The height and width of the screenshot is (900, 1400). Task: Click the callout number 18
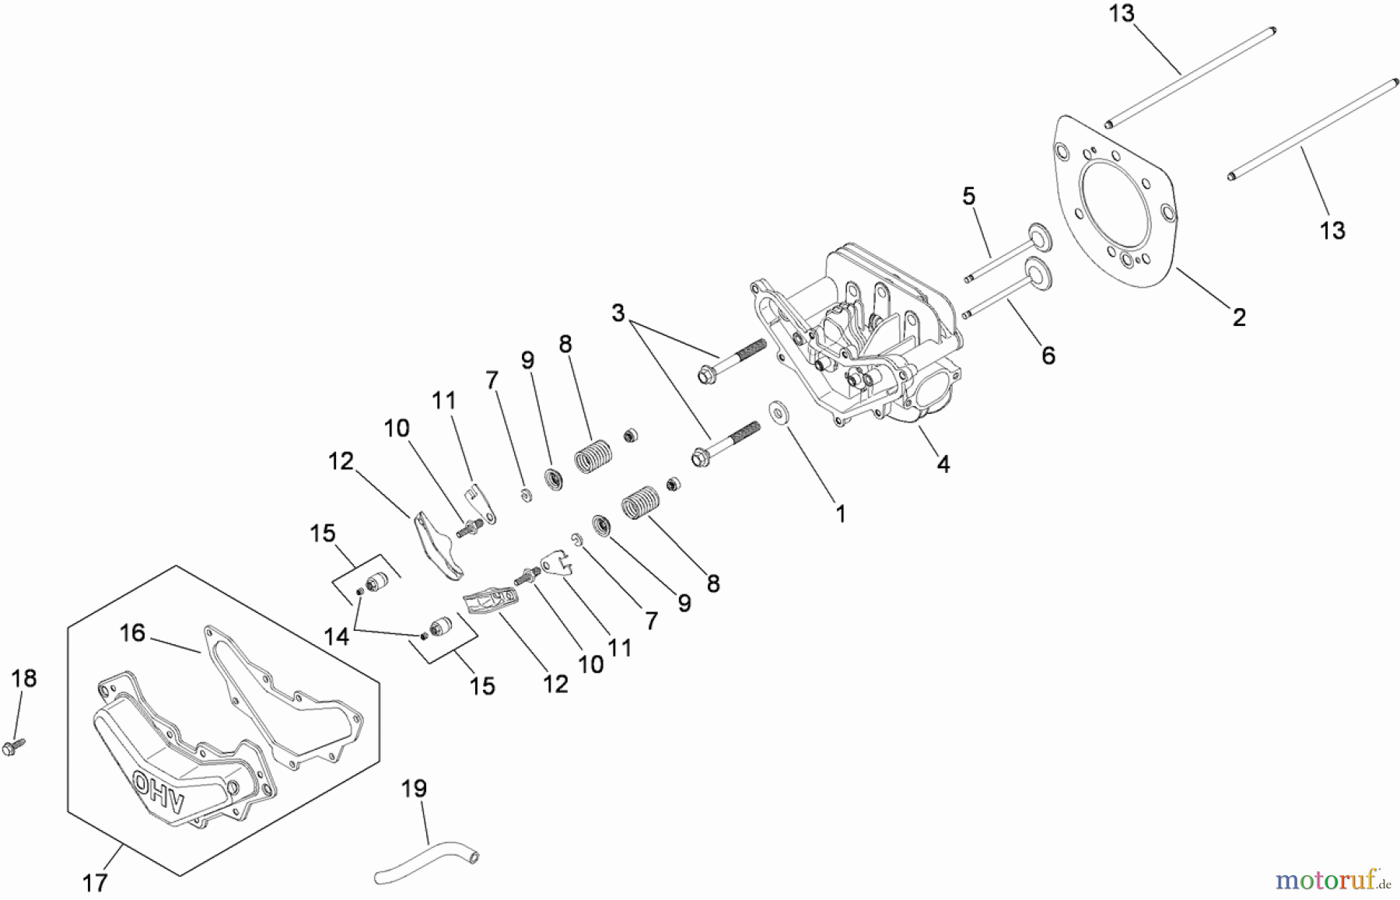pyautogui.click(x=24, y=678)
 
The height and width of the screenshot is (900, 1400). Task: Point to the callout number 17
pyautogui.click(x=95, y=883)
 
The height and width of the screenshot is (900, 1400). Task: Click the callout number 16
pyautogui.click(x=132, y=633)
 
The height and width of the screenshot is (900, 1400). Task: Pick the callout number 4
pyautogui.click(x=943, y=464)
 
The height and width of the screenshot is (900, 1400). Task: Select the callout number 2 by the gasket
pyautogui.click(x=1239, y=317)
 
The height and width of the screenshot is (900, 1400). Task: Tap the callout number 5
pyautogui.click(x=968, y=196)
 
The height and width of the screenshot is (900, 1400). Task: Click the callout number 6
pyautogui.click(x=1048, y=355)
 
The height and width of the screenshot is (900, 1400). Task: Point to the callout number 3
pyautogui.click(x=618, y=313)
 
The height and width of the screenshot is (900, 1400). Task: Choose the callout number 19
pyautogui.click(x=414, y=789)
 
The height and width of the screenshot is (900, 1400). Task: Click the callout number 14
pyautogui.click(x=336, y=636)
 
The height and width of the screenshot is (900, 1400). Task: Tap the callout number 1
pyautogui.click(x=840, y=513)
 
